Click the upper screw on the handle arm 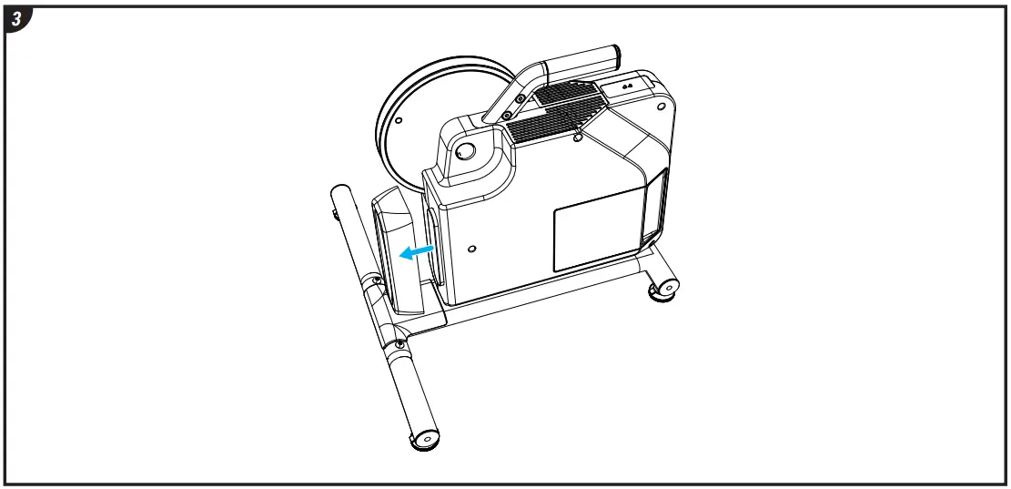tap(519, 97)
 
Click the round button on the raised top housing tap(465, 150)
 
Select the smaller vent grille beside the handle tap(567, 92)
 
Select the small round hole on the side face tap(470, 248)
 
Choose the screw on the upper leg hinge tap(374, 282)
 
